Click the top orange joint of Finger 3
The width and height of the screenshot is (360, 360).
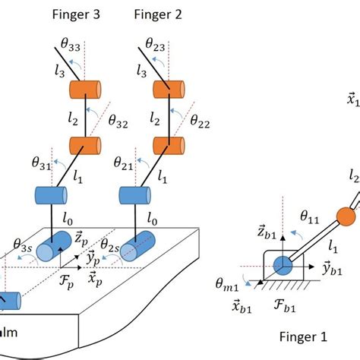click(85, 88)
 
